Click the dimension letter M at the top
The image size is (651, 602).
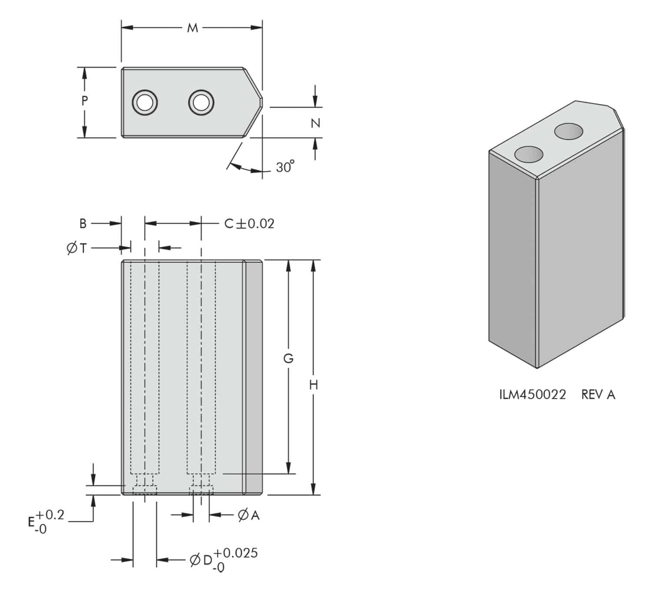click(x=192, y=28)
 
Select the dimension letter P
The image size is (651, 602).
click(x=85, y=101)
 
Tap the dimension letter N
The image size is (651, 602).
click(x=316, y=123)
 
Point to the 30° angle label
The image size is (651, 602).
click(x=285, y=167)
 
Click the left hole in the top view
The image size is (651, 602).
click(x=145, y=102)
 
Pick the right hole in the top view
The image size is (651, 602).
click(x=201, y=102)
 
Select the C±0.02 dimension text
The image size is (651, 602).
click(x=249, y=224)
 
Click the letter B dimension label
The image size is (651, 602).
click(x=83, y=224)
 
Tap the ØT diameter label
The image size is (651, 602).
click(x=77, y=248)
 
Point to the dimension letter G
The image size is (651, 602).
click(x=288, y=359)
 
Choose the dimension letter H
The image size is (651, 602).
click(x=314, y=385)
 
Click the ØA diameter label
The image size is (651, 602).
click(x=249, y=515)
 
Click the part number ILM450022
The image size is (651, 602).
click(x=533, y=395)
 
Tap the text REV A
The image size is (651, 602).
click(x=598, y=395)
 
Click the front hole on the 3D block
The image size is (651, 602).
click(x=528, y=154)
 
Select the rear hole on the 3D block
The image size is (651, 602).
click(x=569, y=131)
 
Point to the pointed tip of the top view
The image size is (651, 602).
click(x=262, y=102)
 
